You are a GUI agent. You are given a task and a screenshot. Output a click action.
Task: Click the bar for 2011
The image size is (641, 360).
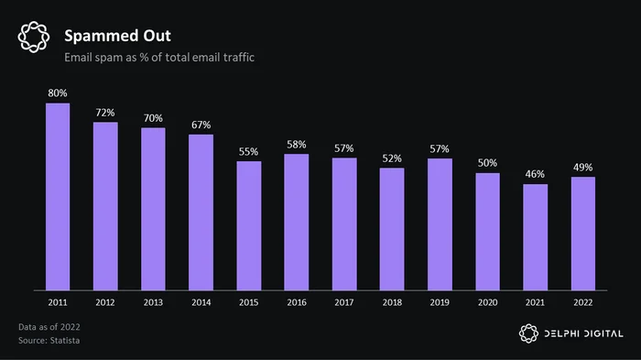pyautogui.click(x=58, y=197)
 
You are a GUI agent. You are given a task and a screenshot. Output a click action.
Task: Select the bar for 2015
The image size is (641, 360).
pyautogui.click(x=248, y=226)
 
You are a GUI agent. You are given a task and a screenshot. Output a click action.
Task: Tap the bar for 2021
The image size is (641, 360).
pyautogui.click(x=535, y=237)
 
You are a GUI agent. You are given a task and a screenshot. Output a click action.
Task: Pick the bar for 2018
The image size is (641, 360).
pyautogui.click(x=392, y=229)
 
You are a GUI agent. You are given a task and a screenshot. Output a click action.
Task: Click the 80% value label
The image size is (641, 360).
pyautogui.click(x=58, y=93)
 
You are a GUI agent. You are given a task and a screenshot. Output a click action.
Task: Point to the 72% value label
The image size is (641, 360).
pyautogui.click(x=105, y=113)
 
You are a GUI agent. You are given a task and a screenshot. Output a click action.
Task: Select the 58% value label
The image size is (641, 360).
pyautogui.click(x=297, y=145)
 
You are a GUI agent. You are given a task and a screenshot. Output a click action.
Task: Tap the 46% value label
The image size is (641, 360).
pyautogui.click(x=535, y=174)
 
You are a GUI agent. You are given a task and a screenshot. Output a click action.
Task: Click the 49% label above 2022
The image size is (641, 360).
pyautogui.click(x=583, y=168)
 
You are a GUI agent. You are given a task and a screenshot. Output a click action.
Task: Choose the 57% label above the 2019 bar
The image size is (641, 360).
pyautogui.click(x=440, y=149)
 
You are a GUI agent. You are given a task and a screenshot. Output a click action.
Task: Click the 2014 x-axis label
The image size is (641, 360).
pyautogui.click(x=201, y=302)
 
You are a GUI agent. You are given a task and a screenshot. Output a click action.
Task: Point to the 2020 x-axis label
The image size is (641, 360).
pyautogui.click(x=488, y=302)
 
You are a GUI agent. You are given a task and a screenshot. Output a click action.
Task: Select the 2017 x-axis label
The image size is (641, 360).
pyautogui.click(x=344, y=302)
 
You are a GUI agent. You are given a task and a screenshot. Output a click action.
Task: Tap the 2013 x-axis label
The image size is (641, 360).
pyautogui.click(x=153, y=302)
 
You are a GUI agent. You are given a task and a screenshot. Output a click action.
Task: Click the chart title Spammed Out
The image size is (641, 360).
pyautogui.click(x=118, y=36)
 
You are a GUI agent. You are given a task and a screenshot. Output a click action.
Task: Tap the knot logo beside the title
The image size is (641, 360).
pyautogui.click(x=34, y=37)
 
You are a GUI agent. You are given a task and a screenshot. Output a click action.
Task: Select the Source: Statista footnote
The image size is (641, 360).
pyautogui.click(x=49, y=341)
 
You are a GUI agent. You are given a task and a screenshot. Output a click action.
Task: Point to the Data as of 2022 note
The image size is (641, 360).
pyautogui.click(x=49, y=327)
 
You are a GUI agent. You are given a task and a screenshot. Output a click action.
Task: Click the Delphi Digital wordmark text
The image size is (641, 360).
pyautogui.click(x=584, y=333)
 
